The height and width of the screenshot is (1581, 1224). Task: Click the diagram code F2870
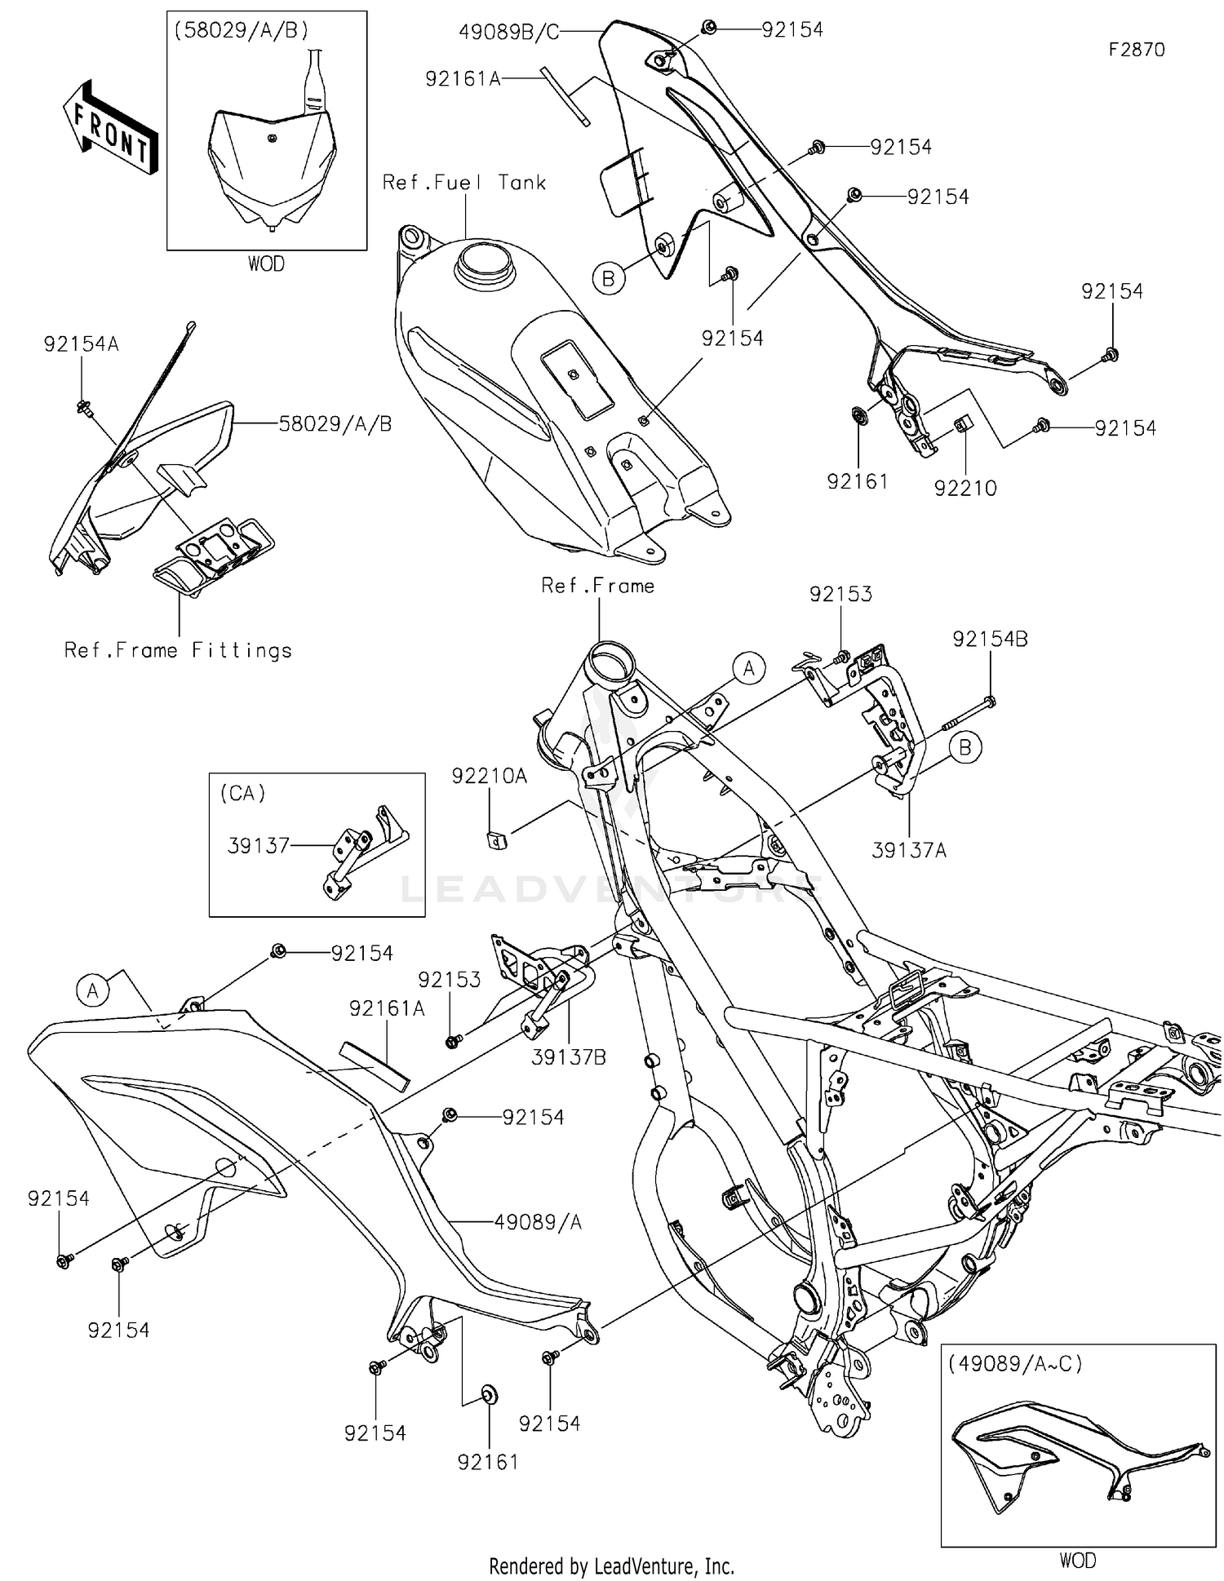pos(1136,50)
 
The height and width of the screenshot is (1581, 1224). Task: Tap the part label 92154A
pos(81,344)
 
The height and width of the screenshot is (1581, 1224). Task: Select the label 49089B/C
pos(508,32)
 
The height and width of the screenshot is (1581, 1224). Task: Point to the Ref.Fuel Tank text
pos(463,183)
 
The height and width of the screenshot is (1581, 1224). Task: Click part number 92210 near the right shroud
pos(965,488)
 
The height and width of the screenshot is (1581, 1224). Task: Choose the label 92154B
pos(990,640)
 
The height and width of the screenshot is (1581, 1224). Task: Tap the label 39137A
pos(909,850)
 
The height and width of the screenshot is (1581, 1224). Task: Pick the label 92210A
pos(490,777)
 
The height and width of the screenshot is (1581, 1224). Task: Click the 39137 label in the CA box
pos(258,846)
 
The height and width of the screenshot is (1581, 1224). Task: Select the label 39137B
pos(569,1057)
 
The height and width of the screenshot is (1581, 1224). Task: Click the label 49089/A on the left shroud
pos(538,1222)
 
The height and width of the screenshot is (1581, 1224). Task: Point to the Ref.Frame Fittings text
pos(178,650)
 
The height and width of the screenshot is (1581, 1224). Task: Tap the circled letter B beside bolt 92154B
pos(965,746)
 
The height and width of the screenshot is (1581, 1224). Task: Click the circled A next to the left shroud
pos(93,990)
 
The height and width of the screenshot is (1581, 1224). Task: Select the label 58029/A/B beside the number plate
pos(335,424)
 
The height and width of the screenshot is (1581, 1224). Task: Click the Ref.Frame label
pos(597,586)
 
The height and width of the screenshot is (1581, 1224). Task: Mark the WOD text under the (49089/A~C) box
pos(1077,1560)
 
